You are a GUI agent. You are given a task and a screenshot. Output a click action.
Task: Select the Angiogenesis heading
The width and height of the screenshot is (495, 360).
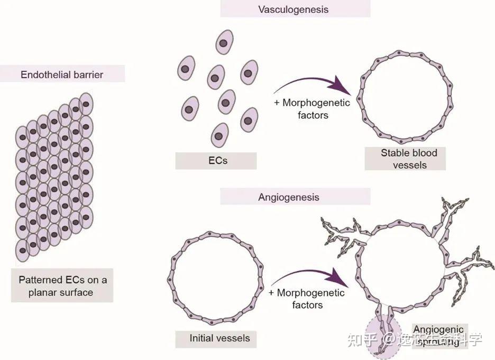(288, 197)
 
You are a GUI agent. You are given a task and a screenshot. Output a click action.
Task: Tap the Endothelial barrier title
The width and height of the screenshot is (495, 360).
(62, 75)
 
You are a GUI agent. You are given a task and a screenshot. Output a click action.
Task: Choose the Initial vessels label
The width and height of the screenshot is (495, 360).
(219, 338)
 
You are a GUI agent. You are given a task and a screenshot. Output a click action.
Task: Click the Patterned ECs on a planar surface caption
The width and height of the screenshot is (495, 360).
(62, 286)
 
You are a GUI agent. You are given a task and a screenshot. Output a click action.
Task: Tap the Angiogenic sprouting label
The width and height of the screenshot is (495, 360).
(438, 336)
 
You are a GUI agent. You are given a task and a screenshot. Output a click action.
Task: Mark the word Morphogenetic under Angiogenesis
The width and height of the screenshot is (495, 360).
(310, 293)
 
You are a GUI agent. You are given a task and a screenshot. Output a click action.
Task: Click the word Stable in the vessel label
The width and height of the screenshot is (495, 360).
(395, 153)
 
